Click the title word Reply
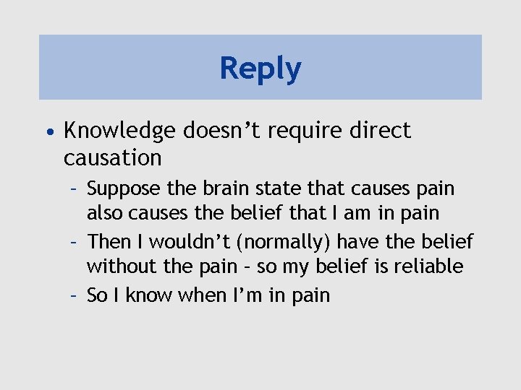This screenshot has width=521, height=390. click(260, 69)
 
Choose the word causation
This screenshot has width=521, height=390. click(112, 157)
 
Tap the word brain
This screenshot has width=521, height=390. click(214, 189)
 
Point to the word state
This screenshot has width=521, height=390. click(268, 189)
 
